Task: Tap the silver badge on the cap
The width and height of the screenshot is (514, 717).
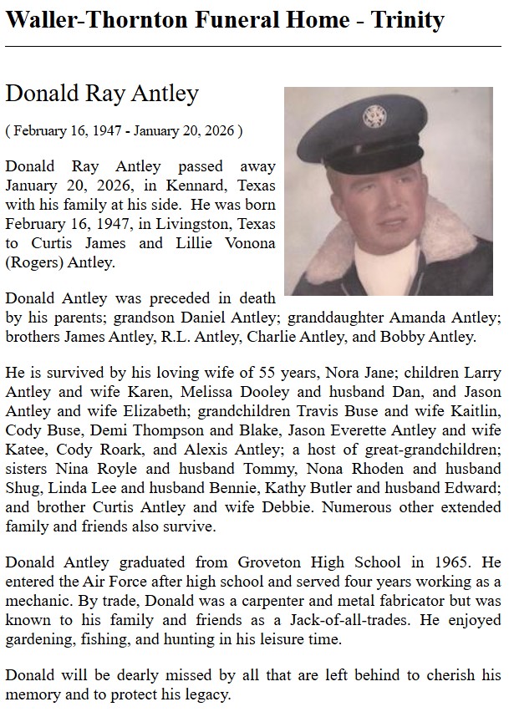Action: tap(374, 117)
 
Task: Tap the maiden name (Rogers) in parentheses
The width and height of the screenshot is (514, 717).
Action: tap(33, 262)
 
